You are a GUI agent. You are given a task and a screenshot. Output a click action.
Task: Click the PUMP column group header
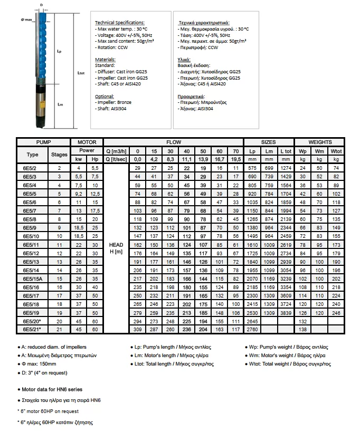[x=43, y=142]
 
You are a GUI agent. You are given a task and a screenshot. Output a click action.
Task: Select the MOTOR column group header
[x=87, y=142]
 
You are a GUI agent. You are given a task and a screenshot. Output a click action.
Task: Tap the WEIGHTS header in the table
[x=320, y=142]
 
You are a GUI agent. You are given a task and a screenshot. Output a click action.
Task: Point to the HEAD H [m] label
[x=116, y=248]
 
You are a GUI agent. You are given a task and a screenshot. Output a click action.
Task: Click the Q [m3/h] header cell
[x=116, y=150]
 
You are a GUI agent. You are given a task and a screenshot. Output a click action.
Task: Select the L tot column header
[x=286, y=150]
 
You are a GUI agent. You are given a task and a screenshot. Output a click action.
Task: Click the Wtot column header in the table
[x=336, y=150]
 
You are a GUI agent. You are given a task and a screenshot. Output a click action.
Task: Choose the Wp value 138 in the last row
[x=304, y=329]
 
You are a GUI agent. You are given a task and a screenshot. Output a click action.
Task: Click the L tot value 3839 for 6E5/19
[x=286, y=312]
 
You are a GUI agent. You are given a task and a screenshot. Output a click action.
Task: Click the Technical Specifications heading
[x=119, y=23]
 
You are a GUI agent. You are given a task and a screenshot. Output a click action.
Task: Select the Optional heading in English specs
[x=104, y=97]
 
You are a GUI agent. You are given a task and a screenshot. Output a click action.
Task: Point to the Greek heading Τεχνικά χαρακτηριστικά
[x=204, y=23]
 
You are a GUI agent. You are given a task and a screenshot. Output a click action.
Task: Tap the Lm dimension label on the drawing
[x=61, y=104]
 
